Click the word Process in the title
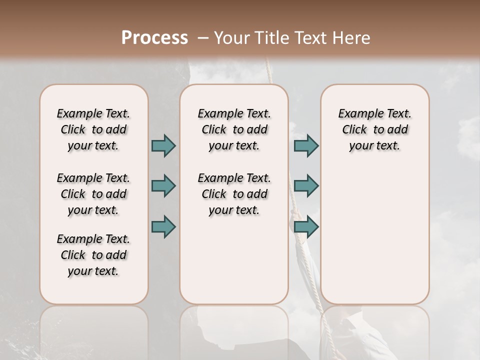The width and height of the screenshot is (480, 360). click(154, 38)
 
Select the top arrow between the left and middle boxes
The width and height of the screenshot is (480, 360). click(163, 145)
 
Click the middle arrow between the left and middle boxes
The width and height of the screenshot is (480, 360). click(163, 186)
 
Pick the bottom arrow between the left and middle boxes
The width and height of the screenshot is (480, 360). click(163, 227)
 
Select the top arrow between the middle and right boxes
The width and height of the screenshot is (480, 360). click(306, 145)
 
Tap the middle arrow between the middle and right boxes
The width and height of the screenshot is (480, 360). click(306, 186)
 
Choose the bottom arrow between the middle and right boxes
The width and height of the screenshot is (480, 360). click(306, 227)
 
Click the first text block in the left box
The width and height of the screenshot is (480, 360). click(93, 129)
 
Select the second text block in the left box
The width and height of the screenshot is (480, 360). click(93, 194)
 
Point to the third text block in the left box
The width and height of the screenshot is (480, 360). click(93, 255)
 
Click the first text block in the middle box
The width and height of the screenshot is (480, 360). click(234, 129)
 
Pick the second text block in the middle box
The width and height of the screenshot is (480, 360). click(234, 194)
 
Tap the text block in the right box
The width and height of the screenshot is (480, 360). click(374, 129)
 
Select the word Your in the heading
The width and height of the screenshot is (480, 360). click(230, 38)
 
